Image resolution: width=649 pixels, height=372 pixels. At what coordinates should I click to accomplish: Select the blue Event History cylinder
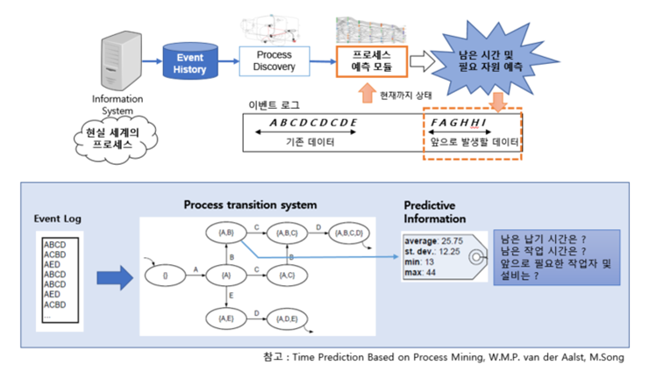coord(189,63)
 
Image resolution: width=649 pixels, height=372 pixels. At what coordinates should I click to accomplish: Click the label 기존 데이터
coord(306,144)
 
